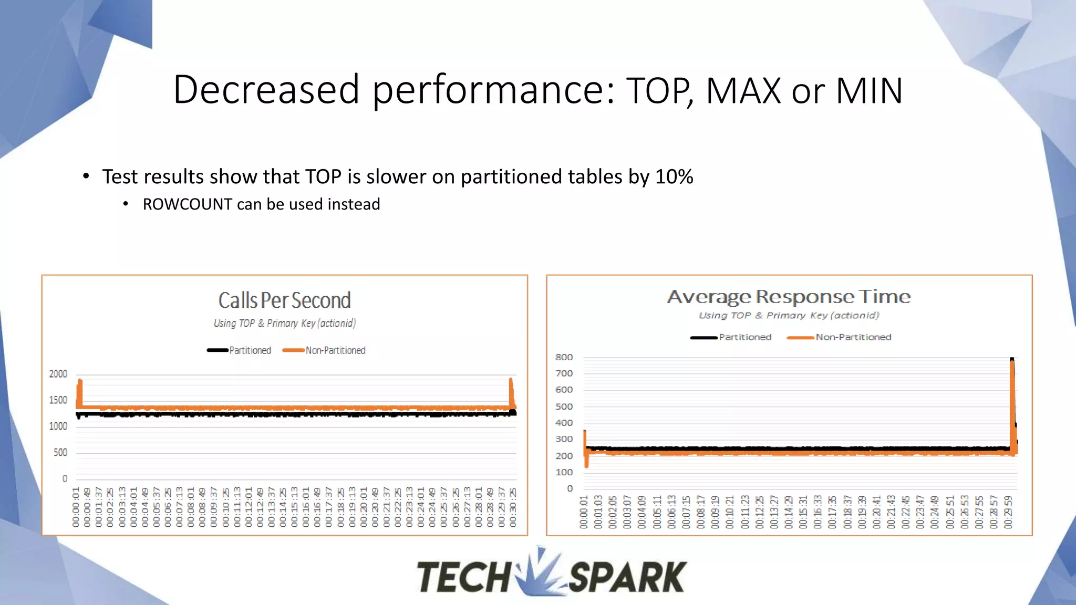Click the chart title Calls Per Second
click(284, 301)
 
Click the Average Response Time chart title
click(789, 297)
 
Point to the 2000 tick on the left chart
click(58, 374)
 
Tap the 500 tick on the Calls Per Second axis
click(60, 453)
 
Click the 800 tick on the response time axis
click(564, 357)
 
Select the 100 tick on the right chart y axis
click(564, 472)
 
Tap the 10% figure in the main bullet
click(674, 177)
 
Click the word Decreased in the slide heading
click(266, 90)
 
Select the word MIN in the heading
click(869, 91)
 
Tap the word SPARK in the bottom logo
click(627, 577)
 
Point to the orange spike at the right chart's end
click(1012, 404)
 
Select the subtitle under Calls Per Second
click(284, 324)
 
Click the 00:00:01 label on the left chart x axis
click(76, 507)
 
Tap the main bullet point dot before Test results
click(86, 176)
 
